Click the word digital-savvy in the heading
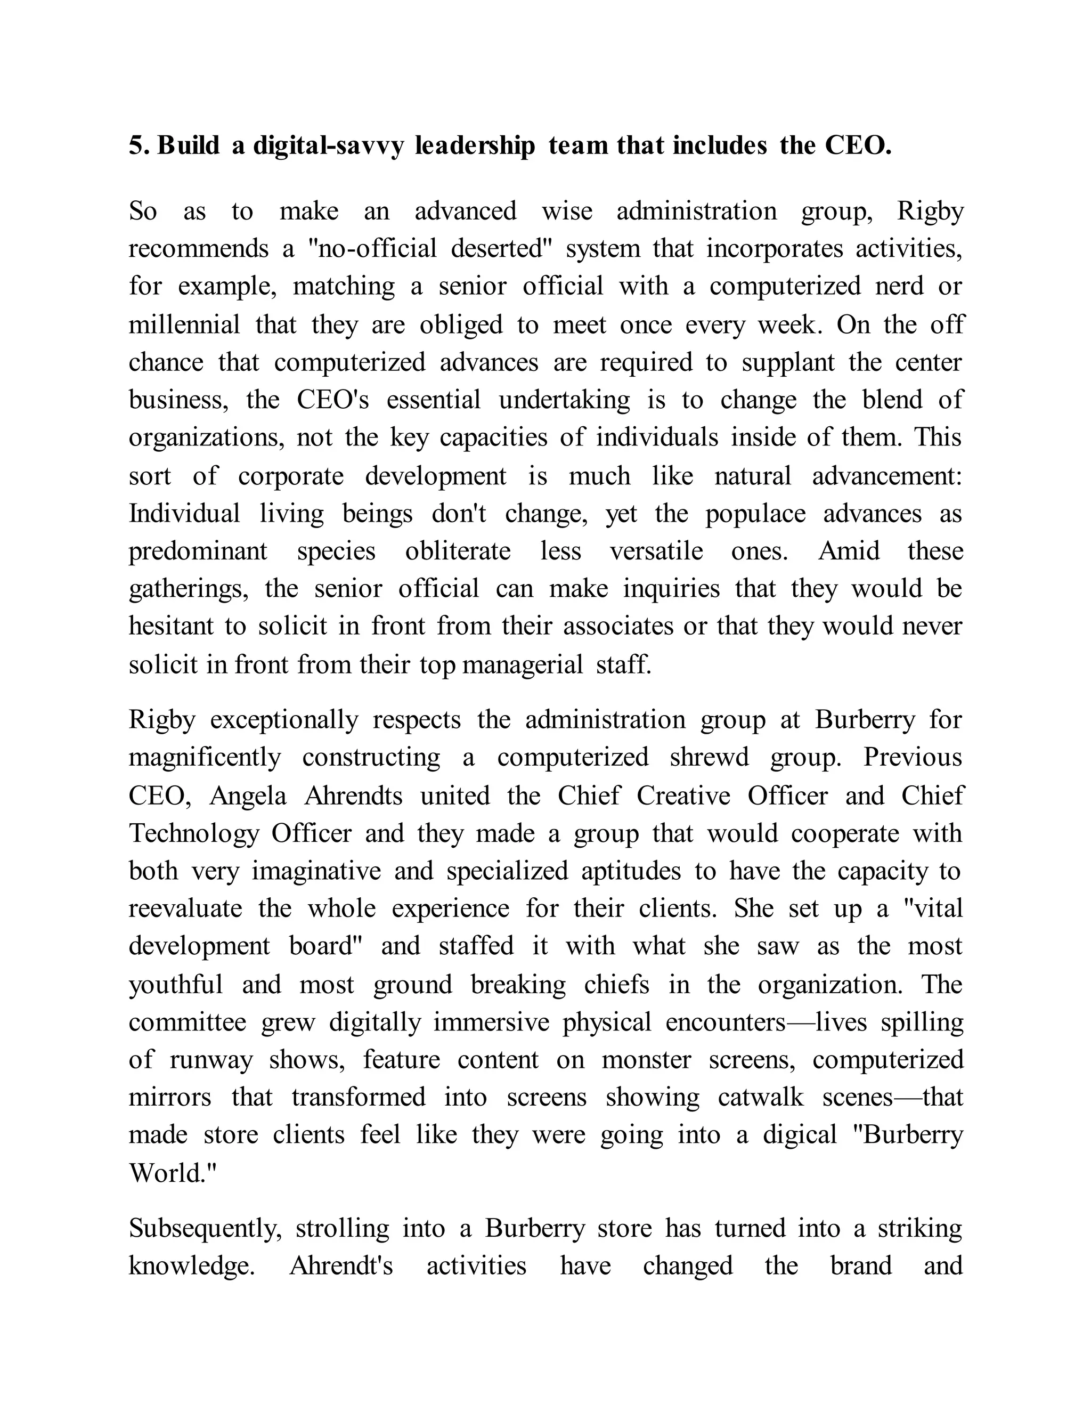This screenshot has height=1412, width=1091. coord(328,146)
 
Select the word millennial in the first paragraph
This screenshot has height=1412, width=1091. coord(184,324)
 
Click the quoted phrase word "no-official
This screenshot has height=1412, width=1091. coord(373,249)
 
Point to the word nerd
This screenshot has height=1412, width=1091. coord(899,287)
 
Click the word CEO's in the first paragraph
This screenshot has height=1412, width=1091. coord(333,400)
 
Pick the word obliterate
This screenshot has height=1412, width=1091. coord(458,551)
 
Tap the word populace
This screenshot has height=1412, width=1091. coord(755,514)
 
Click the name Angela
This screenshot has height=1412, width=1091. coord(248,796)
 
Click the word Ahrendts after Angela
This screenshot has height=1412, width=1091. coord(353,796)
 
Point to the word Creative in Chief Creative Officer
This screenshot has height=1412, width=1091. coord(683,796)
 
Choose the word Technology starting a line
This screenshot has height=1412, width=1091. coord(193,834)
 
